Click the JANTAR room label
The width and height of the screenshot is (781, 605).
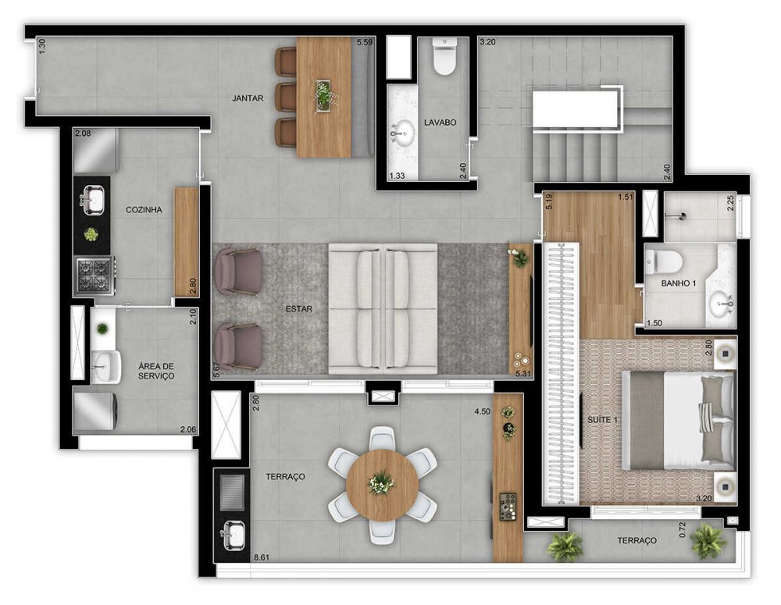click(248, 98)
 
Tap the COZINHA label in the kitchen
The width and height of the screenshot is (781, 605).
click(144, 210)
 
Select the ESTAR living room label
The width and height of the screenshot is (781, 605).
click(299, 308)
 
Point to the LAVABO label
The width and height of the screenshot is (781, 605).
click(440, 122)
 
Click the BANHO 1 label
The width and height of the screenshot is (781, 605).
click(679, 283)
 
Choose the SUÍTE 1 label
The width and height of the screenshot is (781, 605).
click(602, 420)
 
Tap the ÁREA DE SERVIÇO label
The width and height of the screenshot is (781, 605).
click(156, 371)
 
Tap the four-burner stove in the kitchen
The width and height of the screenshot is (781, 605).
click(95, 276)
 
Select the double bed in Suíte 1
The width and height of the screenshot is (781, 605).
click(679, 420)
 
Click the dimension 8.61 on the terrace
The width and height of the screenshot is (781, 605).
click(262, 557)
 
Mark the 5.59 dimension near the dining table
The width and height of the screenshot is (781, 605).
click(365, 42)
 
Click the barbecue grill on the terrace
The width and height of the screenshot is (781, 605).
click(232, 493)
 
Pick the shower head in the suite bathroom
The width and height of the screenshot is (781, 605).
click(681, 216)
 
